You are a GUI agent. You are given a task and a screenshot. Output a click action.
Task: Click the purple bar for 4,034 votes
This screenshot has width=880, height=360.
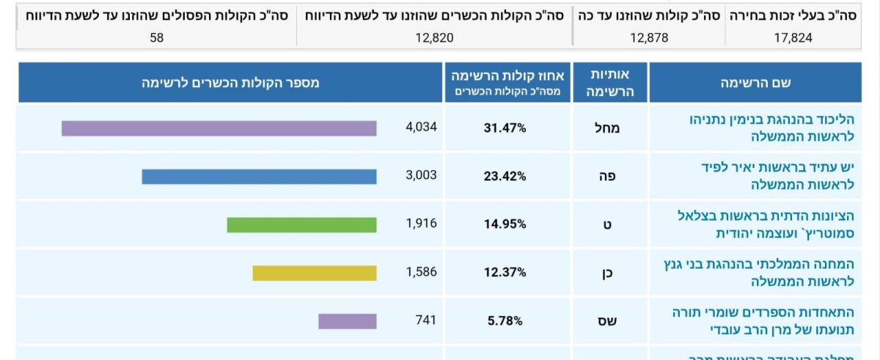click(x=219, y=128)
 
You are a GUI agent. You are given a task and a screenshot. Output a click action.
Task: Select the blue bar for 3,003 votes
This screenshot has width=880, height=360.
click(x=259, y=177)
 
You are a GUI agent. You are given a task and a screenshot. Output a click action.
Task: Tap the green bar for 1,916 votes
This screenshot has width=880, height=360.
click(x=301, y=225)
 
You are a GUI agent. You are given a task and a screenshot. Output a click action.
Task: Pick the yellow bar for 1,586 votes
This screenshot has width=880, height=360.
click(x=315, y=273)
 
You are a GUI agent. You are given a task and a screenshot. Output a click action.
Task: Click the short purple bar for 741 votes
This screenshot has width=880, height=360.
click(x=347, y=321)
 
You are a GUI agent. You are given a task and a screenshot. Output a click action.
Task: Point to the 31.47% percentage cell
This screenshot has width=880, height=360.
click(x=505, y=128)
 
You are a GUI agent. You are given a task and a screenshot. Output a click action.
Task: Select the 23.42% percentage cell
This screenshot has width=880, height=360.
click(x=505, y=176)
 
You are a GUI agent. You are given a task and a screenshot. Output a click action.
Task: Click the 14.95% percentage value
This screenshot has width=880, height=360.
click(x=505, y=224)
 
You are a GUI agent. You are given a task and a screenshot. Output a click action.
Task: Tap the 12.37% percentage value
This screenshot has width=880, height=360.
click(x=505, y=272)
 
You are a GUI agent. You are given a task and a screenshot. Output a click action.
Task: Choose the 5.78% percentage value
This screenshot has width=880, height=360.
click(x=505, y=320)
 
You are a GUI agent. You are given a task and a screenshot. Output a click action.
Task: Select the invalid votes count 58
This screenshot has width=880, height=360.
click(x=156, y=37)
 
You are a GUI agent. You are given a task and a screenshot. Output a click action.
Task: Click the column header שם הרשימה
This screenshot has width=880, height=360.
click(x=755, y=83)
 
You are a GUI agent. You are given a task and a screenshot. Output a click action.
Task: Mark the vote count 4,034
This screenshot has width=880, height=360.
click(x=421, y=127)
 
